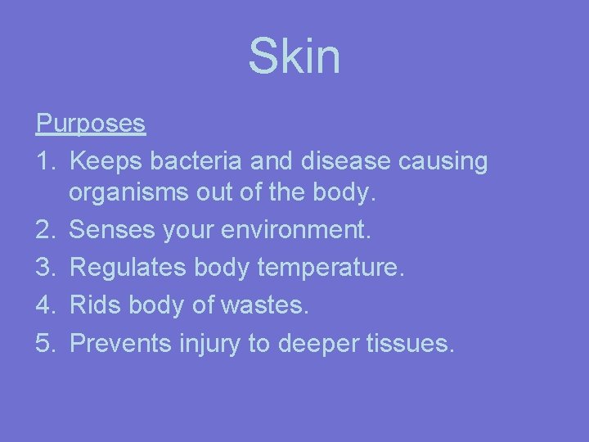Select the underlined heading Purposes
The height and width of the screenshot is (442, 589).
[91, 124]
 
